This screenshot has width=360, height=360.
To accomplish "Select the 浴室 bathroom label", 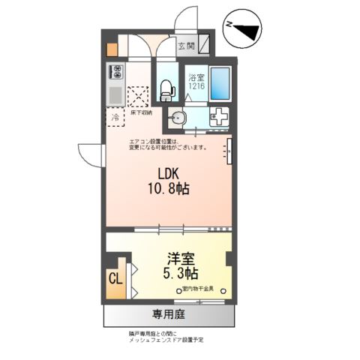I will [x=195, y=77].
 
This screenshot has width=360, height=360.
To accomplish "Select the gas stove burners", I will [x=117, y=73].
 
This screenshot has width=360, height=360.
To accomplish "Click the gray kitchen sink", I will [x=116, y=95].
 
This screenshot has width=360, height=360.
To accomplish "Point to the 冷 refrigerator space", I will [x=116, y=118].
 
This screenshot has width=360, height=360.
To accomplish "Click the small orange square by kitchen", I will [x=111, y=51].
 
